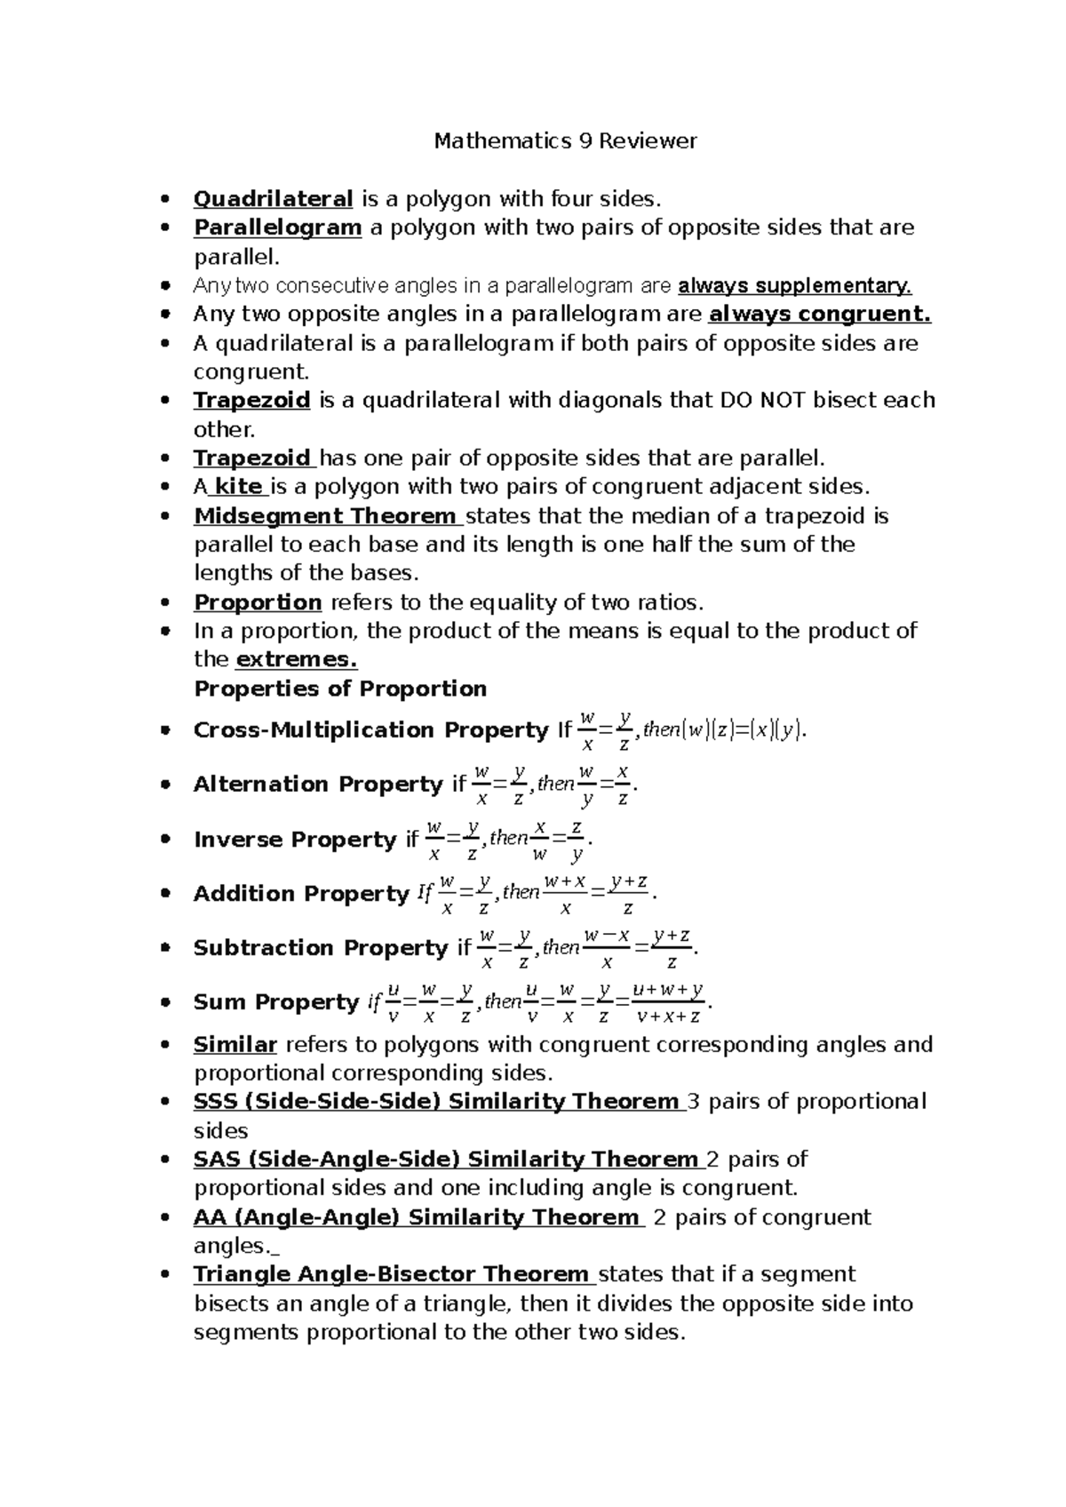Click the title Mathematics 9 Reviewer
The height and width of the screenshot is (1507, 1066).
pos(565,140)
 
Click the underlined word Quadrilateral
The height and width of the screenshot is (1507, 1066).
pos(274,198)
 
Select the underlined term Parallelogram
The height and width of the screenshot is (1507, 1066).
pos(277,227)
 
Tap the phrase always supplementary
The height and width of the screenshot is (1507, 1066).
pos(794,286)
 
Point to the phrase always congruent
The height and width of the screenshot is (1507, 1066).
pos(819,315)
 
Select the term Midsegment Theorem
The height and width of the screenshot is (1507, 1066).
pos(325,516)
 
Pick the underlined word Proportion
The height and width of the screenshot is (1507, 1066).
pos(258,602)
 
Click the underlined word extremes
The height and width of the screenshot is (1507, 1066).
pos(296,660)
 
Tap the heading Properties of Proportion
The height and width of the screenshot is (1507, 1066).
pos(340,690)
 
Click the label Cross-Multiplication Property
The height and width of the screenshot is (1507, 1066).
pos(371,730)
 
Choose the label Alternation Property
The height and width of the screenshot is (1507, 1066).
pos(317,785)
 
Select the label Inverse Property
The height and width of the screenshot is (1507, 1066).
pos(295,840)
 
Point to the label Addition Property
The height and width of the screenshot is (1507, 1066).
pos(301,894)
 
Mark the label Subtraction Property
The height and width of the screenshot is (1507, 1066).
pos(320,948)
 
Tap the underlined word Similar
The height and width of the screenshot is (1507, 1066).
pos(235,1045)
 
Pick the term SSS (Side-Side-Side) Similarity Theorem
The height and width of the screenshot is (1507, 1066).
pos(436,1102)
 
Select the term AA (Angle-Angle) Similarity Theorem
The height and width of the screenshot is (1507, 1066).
pos(416,1217)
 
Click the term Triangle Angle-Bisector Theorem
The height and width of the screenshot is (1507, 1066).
pos(391,1275)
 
